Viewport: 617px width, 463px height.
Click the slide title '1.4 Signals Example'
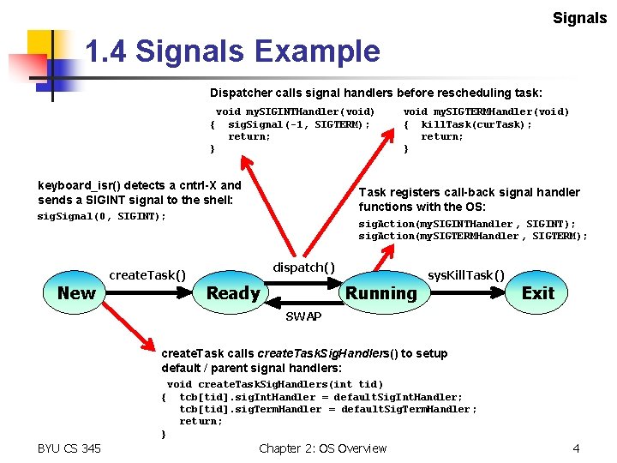pyautogui.click(x=232, y=52)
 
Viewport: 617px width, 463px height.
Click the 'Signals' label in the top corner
pyautogui.click(x=579, y=18)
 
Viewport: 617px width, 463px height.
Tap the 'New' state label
pyautogui.click(x=76, y=293)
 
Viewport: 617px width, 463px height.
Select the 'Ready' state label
pyautogui.click(x=233, y=293)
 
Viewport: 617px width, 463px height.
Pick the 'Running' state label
pyautogui.click(x=380, y=293)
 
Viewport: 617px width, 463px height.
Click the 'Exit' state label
pyautogui.click(x=538, y=293)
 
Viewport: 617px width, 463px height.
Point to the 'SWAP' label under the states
pyautogui.click(x=303, y=316)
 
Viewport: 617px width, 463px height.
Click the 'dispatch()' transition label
pyautogui.click(x=303, y=268)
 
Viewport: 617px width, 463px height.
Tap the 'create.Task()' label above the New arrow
pyautogui.click(x=147, y=274)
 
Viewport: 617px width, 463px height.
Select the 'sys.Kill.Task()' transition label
pyautogui.click(x=466, y=274)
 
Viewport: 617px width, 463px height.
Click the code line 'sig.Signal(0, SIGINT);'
pyautogui.click(x=102, y=217)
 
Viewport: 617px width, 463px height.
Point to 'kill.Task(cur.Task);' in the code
pyautogui.click(x=476, y=124)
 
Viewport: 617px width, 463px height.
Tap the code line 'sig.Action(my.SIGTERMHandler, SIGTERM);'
pyautogui.click(x=473, y=237)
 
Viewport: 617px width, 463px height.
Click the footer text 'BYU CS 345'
pyautogui.click(x=69, y=448)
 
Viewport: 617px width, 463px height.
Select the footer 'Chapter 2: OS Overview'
pyautogui.click(x=322, y=448)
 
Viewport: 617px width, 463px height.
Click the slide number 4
pyautogui.click(x=577, y=448)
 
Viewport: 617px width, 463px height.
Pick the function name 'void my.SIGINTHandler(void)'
pyautogui.click(x=296, y=111)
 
